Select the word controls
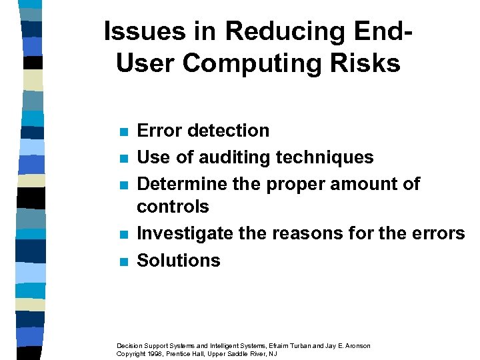pos(173,207)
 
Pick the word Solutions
pos(178,261)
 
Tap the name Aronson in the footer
pos(355,345)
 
